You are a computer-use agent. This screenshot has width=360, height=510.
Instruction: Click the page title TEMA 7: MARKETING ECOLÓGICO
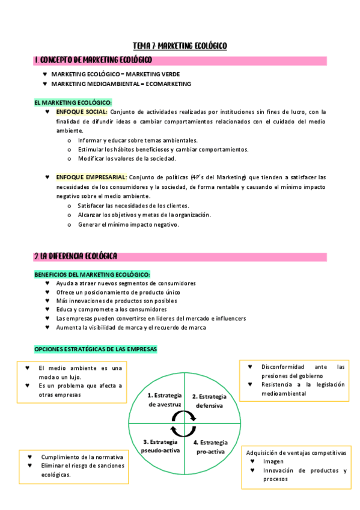tap(180, 46)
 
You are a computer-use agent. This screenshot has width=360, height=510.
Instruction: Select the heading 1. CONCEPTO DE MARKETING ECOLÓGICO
tap(93, 60)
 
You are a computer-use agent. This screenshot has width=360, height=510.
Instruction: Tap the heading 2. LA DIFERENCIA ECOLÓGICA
tap(76, 257)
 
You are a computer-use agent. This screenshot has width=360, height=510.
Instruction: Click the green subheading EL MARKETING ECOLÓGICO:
tap(73, 103)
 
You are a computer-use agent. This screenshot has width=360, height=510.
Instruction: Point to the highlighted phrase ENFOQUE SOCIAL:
tap(82, 112)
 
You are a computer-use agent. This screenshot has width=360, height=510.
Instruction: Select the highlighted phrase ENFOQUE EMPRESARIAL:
tap(91, 177)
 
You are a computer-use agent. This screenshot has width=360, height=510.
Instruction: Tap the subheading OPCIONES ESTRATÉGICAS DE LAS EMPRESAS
tap(95, 349)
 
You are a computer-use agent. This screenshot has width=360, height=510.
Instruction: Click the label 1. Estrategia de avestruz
tap(165, 400)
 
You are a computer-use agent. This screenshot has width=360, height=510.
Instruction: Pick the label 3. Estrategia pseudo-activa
tap(160, 446)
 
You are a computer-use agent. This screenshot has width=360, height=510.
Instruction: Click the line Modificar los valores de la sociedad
tap(126, 159)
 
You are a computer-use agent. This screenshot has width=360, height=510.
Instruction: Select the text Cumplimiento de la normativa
tap(82, 457)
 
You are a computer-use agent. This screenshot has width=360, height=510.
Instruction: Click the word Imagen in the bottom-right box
tap(273, 461)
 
